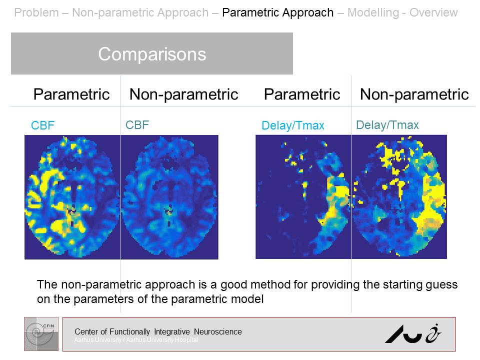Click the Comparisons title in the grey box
152,54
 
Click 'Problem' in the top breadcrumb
36,12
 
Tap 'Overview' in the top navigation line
433,12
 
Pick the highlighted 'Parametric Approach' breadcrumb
277,12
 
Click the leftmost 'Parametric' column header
71,94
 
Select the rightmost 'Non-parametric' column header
414,94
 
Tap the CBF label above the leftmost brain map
42,125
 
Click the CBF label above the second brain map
137,124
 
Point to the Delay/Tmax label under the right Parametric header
293,126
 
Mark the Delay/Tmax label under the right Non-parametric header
387,125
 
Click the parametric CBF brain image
72,196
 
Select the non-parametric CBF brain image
169,196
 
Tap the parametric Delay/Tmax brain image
303,196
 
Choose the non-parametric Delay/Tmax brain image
399,196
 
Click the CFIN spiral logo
41,333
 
